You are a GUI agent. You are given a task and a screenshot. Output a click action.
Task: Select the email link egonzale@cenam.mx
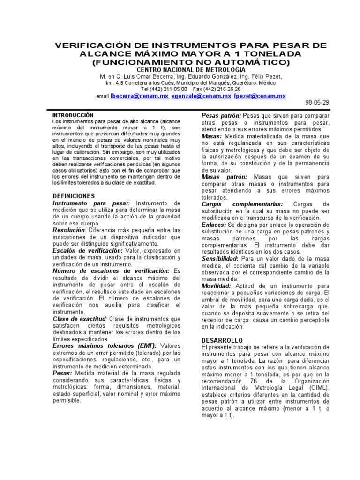coord(202,96)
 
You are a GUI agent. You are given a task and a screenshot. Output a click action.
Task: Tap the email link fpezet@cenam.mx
coord(260,96)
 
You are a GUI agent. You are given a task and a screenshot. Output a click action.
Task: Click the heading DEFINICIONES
coord(74,196)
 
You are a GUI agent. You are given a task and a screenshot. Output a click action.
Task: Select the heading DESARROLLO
coord(222,340)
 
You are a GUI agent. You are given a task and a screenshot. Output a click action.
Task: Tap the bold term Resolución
coord(69,231)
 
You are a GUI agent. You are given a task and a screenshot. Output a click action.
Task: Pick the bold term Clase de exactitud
coord(79,319)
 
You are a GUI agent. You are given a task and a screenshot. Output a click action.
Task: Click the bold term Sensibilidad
coord(220,258)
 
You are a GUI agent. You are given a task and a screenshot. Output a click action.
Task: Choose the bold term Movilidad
coord(217,285)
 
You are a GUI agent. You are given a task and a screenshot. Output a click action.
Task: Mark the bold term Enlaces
coord(214,225)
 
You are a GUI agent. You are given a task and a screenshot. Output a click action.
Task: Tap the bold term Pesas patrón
coord(221,115)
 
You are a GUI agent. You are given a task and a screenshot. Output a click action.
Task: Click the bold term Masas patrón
coord(224,177)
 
